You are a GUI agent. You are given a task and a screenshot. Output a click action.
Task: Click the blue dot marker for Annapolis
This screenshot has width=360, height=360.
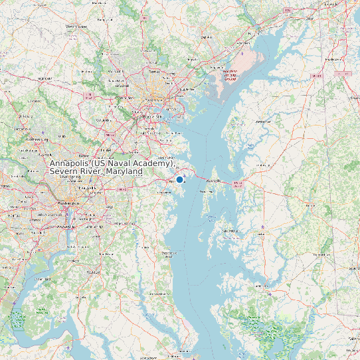point(179,179)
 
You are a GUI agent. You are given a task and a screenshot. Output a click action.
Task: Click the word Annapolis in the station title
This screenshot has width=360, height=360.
point(70,163)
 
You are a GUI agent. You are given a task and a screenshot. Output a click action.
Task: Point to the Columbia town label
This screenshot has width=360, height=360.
point(104,120)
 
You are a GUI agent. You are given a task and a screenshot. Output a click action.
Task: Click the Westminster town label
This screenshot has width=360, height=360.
point(76,26)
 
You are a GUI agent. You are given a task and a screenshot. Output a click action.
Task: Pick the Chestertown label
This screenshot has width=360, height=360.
point(264,122)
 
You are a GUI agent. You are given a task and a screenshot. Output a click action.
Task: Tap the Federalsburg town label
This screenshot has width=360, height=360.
point(322,254)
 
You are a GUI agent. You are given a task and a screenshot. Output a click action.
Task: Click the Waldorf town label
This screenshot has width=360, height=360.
point(94,272)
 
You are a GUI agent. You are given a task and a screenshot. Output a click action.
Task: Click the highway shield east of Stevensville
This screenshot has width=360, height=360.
point(238,184)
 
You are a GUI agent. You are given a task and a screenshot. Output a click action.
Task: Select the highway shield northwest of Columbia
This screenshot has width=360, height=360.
point(88,96)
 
